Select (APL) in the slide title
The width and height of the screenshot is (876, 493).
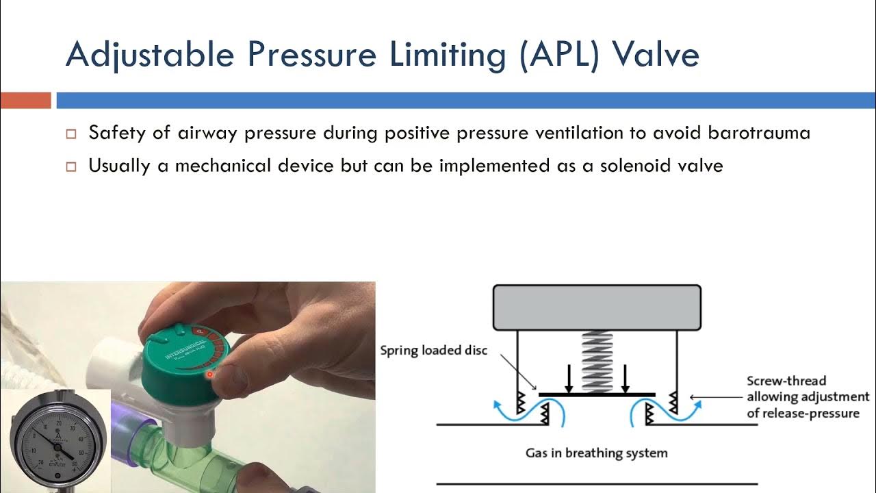tap(557, 55)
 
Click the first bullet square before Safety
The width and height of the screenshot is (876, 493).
tap(71, 134)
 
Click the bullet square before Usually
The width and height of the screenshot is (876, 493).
tap(71, 167)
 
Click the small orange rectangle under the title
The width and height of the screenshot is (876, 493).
tap(25, 101)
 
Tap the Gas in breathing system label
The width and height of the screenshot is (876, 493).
tap(596, 453)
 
